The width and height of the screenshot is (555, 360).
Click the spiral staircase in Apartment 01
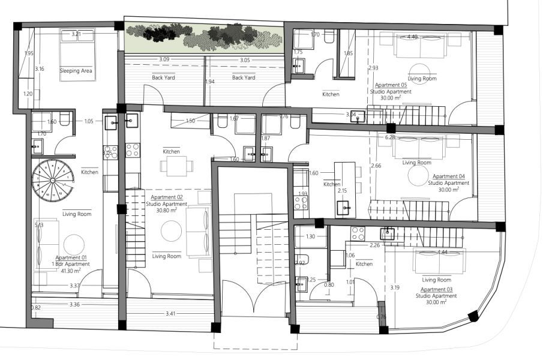point(53,180)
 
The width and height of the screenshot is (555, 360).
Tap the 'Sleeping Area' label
point(76,71)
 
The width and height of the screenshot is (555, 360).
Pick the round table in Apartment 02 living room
point(172,230)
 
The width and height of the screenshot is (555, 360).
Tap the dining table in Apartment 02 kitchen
point(176,166)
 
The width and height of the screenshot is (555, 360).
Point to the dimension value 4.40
point(412,37)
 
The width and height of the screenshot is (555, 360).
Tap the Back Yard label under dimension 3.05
point(244,77)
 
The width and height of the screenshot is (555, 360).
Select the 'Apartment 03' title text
point(431,289)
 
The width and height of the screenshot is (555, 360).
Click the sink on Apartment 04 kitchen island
point(346,208)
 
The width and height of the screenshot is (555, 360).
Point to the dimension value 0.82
point(35,308)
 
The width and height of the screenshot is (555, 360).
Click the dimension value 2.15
point(341,191)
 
